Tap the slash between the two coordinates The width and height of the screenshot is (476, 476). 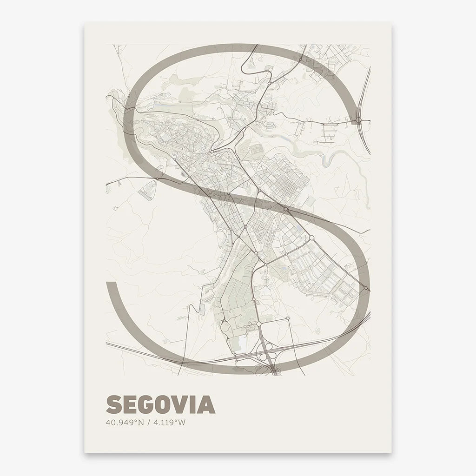pyautogui.click(x=147, y=423)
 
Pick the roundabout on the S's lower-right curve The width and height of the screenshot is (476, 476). pyautogui.click(x=366, y=289)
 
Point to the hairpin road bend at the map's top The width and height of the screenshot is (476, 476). pyautogui.click(x=269, y=68)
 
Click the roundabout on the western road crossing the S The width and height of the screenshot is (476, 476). pyautogui.click(x=158, y=178)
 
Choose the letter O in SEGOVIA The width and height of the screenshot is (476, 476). pyautogui.click(x=163, y=404)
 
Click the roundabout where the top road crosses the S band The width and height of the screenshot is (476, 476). pyautogui.click(x=301, y=59)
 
